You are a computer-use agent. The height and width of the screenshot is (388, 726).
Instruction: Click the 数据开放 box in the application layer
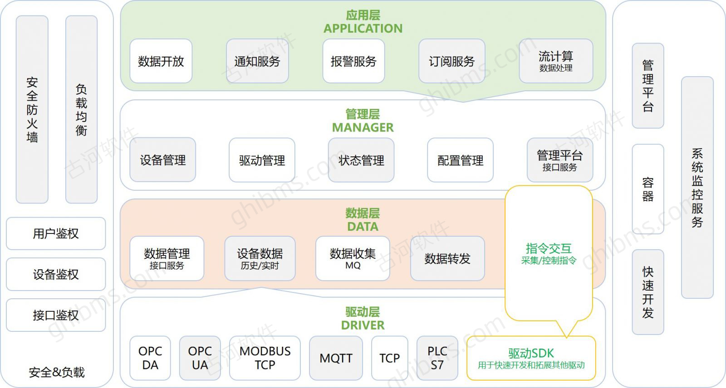[x=161, y=61]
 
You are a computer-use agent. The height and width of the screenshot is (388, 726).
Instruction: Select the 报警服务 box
[x=353, y=61]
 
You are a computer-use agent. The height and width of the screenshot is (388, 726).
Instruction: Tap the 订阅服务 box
[x=452, y=61]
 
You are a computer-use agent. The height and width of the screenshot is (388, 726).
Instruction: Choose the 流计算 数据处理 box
[x=556, y=61]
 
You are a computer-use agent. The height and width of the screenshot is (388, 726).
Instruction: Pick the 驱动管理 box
[x=262, y=160]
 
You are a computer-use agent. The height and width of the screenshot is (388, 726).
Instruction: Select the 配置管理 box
[x=460, y=160]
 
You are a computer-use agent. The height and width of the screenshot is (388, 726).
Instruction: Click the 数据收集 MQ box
[x=353, y=258]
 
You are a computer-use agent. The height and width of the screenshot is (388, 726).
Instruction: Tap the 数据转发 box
[x=447, y=258]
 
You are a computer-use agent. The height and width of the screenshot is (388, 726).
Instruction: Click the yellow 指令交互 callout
[x=549, y=253]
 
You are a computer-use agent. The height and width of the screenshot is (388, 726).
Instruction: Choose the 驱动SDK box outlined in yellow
[x=531, y=358]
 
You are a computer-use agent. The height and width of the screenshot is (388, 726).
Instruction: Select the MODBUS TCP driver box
[x=265, y=358]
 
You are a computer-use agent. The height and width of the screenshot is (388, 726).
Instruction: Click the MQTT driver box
[x=336, y=358]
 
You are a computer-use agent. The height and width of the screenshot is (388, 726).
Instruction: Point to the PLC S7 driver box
[x=437, y=358]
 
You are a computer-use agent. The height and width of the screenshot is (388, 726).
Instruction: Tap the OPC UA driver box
[x=200, y=358]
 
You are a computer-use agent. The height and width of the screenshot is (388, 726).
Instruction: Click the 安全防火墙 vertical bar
[x=32, y=110]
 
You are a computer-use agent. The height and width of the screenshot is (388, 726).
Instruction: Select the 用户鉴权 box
[x=56, y=233]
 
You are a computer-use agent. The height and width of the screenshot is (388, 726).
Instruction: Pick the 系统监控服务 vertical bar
[x=697, y=188]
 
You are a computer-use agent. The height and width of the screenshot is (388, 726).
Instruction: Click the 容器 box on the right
[x=648, y=189]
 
